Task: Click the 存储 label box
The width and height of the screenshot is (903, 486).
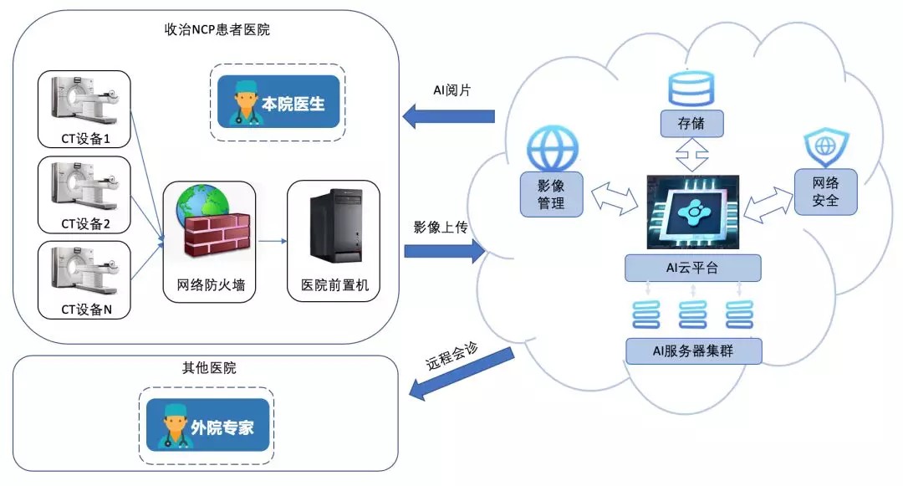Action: coord(691,125)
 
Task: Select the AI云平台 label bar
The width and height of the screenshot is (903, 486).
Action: coord(693,269)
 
